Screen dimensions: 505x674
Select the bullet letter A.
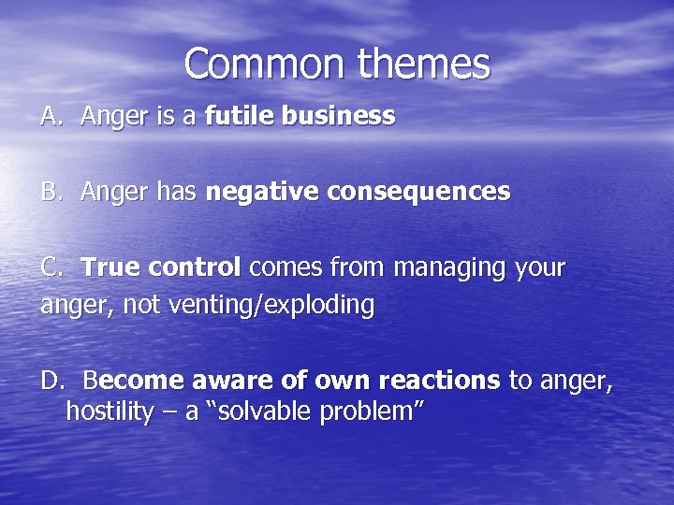tap(51, 116)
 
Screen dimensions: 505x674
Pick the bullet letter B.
tap(51, 192)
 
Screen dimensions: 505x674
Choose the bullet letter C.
tap(51, 267)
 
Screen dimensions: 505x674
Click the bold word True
tap(110, 267)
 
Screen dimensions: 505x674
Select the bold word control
tap(194, 267)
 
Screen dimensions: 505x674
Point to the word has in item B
tap(176, 192)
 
